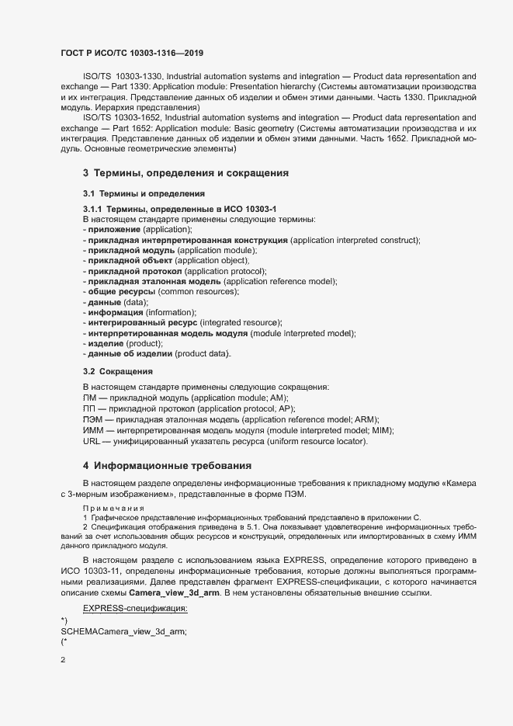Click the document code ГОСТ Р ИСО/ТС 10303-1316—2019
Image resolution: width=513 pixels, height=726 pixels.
(x=133, y=54)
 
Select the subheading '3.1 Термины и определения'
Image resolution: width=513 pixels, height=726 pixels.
(x=144, y=192)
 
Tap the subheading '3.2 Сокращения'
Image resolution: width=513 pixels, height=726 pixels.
(x=117, y=371)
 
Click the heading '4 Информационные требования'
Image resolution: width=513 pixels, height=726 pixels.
(x=167, y=466)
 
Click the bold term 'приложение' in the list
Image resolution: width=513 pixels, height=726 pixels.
(x=113, y=230)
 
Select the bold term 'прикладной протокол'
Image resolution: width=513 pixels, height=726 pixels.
(x=133, y=271)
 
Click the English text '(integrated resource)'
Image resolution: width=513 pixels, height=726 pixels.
(x=241, y=322)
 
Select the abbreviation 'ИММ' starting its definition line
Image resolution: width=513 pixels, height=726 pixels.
(x=92, y=430)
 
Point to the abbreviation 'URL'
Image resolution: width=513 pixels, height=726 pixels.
(x=91, y=441)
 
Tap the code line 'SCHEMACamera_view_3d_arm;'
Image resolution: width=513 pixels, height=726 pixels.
(x=123, y=610)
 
